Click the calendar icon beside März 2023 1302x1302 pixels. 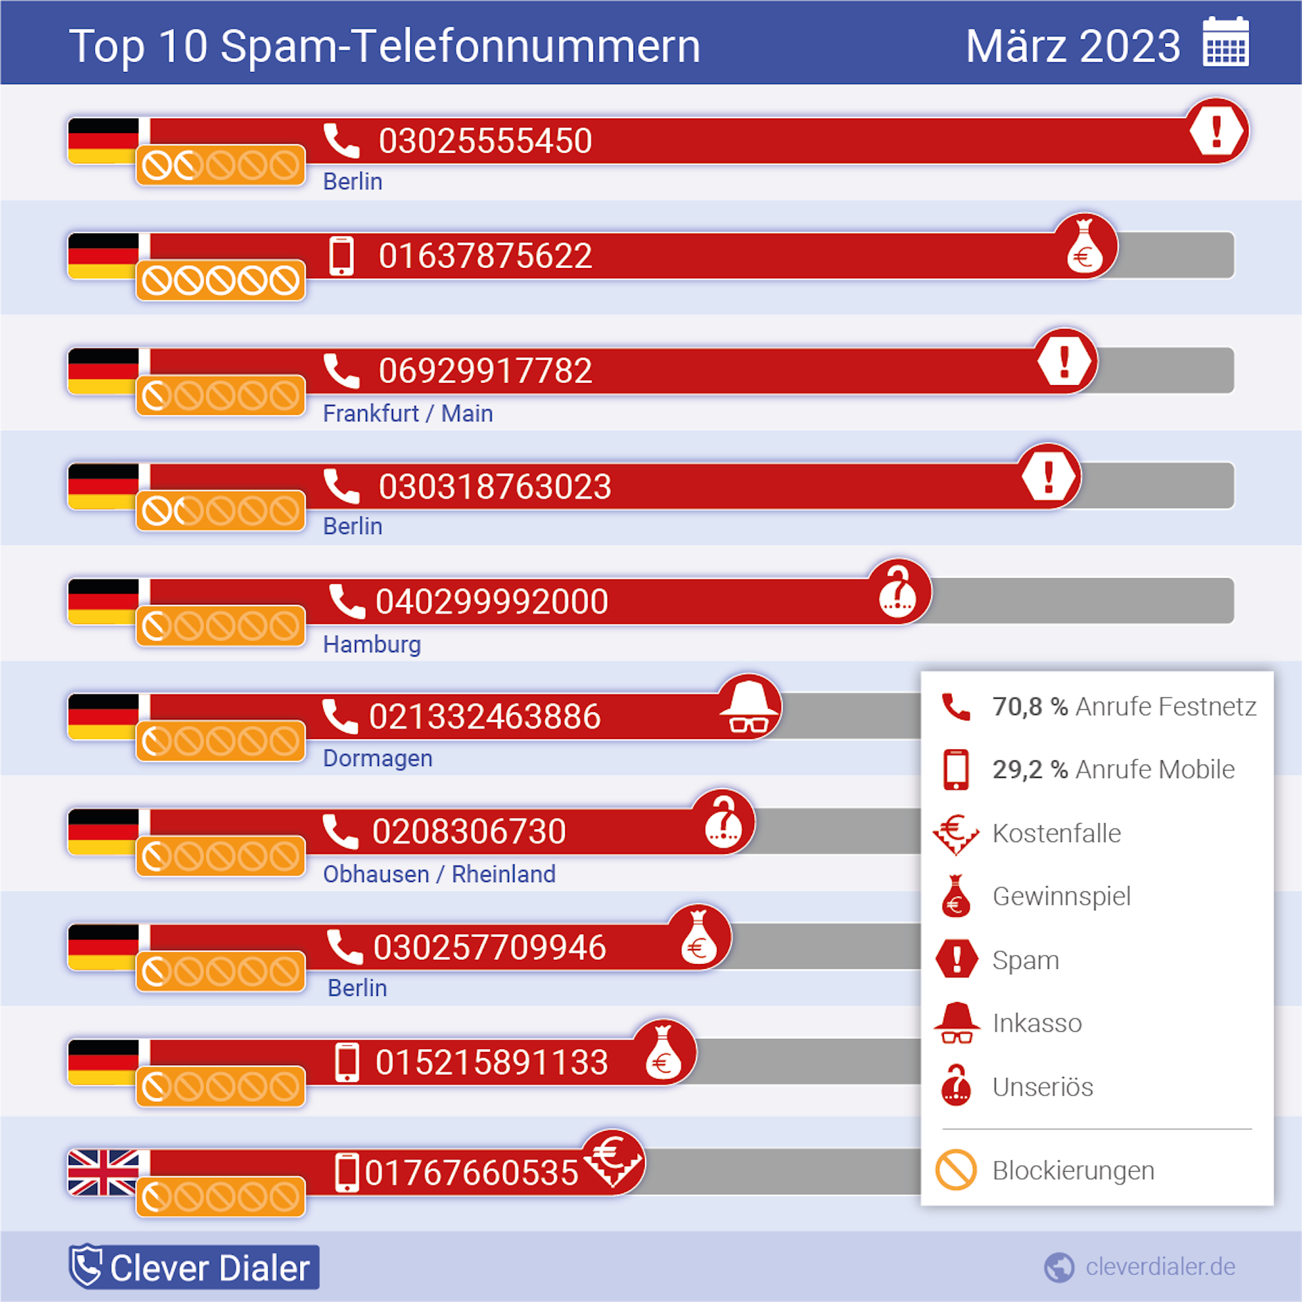click(1225, 43)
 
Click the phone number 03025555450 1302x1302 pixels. click(485, 141)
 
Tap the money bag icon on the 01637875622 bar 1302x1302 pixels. click(1085, 247)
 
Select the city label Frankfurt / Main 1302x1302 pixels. click(408, 413)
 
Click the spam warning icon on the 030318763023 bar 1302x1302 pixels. click(1049, 476)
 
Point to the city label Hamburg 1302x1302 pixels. click(372, 644)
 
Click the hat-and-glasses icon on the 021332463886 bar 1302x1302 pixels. click(749, 706)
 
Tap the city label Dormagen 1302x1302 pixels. click(377, 758)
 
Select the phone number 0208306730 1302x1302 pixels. click(469, 832)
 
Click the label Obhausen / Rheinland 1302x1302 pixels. click(439, 874)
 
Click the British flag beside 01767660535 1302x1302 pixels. click(104, 1172)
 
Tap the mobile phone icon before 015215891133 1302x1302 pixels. click(346, 1062)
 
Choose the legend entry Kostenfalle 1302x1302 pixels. click(1056, 833)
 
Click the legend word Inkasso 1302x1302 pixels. click(1037, 1023)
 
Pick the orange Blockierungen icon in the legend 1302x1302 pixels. click(956, 1170)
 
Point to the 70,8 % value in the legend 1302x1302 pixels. click(1029, 706)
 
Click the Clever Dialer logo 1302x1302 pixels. click(194, 1267)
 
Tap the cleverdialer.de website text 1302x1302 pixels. click(1160, 1267)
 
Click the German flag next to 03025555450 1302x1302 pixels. click(104, 141)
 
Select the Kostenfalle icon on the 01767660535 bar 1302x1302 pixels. click(612, 1161)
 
